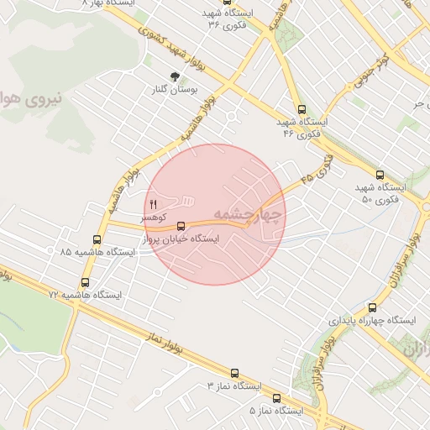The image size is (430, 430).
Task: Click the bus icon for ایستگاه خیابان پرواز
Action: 181,224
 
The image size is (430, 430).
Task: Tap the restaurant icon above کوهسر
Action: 153,204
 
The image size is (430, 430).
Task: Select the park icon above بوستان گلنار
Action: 175,76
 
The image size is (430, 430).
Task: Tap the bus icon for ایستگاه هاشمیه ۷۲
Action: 84,282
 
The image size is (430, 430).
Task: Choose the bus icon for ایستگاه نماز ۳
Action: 234,373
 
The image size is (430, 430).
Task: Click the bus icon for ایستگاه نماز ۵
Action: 276,399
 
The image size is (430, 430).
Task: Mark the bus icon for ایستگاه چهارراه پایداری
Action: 372,308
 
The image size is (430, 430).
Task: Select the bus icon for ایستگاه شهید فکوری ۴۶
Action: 304,109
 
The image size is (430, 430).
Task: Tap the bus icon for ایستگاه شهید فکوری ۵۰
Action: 380,175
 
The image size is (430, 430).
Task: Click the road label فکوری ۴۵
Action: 312,170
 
